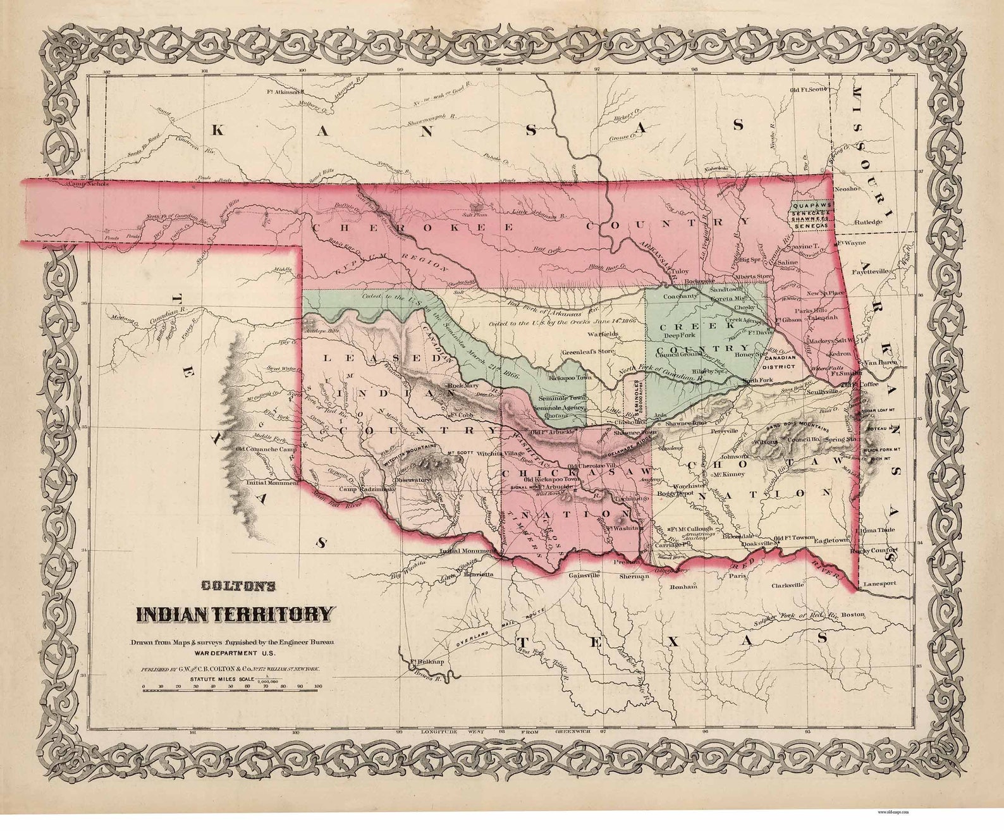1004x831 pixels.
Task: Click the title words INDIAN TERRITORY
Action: point(233,613)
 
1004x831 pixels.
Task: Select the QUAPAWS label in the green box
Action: point(809,206)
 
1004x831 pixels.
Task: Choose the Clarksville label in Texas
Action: point(787,586)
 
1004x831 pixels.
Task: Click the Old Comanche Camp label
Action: point(266,450)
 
